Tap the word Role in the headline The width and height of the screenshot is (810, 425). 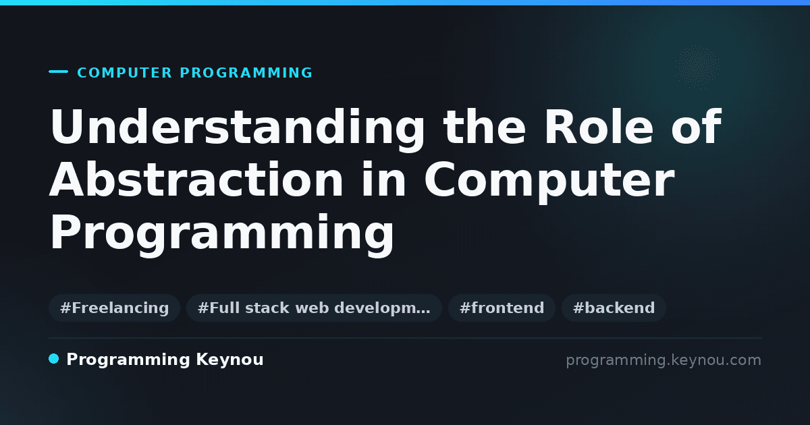pyautogui.click(x=599, y=127)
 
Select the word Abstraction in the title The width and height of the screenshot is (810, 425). pyautogui.click(x=196, y=179)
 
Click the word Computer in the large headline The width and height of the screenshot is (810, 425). pyautogui.click(x=549, y=182)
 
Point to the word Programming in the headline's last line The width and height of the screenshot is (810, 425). pyautogui.click(x=221, y=235)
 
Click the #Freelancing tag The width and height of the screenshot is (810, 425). pyautogui.click(x=114, y=308)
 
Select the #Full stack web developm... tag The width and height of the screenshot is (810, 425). pyautogui.click(x=314, y=308)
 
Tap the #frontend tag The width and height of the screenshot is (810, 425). pyautogui.click(x=502, y=308)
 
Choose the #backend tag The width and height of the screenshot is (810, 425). pyautogui.click(x=614, y=308)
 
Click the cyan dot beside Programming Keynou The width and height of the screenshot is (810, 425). pyautogui.click(x=53, y=359)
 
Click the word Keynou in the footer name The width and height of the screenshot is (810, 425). pyautogui.click(x=230, y=360)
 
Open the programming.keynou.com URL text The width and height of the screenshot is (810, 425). pyautogui.click(x=664, y=360)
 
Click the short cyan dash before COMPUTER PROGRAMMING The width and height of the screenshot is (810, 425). pyautogui.click(x=58, y=72)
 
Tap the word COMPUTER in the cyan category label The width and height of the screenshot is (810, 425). pyautogui.click(x=125, y=73)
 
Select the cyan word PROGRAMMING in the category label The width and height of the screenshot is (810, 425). pyautogui.click(x=246, y=73)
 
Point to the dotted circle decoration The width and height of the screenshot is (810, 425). pyautogui.click(x=697, y=67)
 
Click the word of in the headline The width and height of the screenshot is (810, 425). pyautogui.click(x=697, y=127)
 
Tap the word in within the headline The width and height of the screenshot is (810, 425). pyautogui.click(x=384, y=179)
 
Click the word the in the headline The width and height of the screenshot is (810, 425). pyautogui.click(x=485, y=127)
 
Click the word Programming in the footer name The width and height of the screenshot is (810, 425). pyautogui.click(x=128, y=360)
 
